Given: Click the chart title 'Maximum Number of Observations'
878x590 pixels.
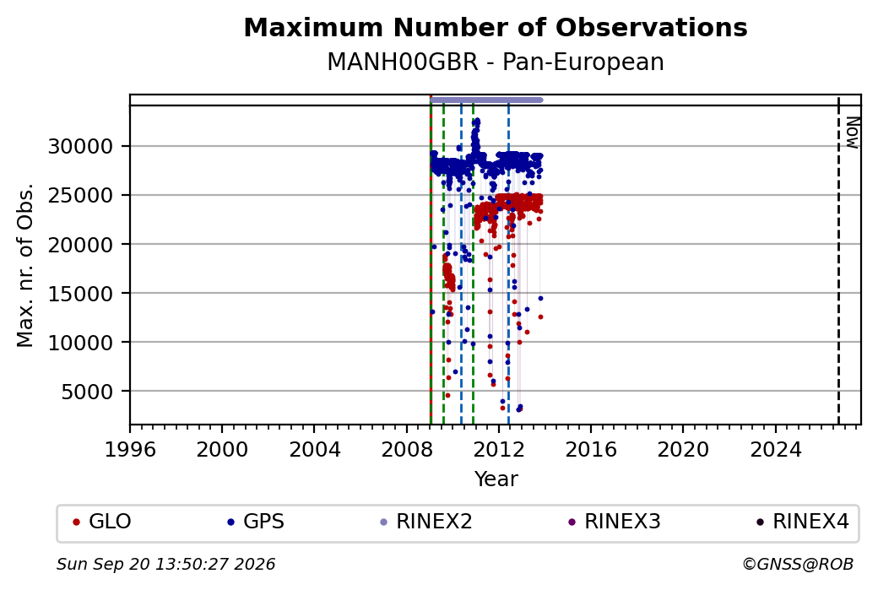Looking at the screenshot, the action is pyautogui.click(x=496, y=27).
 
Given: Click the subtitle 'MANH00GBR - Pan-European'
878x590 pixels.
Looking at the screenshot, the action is pyautogui.click(x=496, y=62).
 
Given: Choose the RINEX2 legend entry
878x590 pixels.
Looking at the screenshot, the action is pyautogui.click(x=426, y=522).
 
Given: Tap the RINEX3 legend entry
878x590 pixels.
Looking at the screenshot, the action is pyautogui.click(x=615, y=522).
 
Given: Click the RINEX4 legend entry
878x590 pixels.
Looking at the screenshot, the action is pyautogui.click(x=803, y=522).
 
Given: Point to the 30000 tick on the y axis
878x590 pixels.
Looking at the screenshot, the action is pyautogui.click(x=81, y=147).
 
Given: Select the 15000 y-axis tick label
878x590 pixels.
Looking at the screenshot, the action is pyautogui.click(x=81, y=294).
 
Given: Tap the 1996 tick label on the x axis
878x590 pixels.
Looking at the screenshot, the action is pyautogui.click(x=130, y=449).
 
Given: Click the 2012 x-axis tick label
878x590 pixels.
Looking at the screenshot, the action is pyautogui.click(x=499, y=449).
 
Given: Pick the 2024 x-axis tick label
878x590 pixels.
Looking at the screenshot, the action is pyautogui.click(x=776, y=449).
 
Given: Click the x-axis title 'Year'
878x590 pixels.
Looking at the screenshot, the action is pyautogui.click(x=496, y=479).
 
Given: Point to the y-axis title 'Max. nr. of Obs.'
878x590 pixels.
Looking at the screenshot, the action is pyautogui.click(x=25, y=265).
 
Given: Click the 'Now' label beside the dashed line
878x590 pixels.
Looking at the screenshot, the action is pyautogui.click(x=852, y=133).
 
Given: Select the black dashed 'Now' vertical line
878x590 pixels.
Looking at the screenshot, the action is pyautogui.click(x=838, y=260).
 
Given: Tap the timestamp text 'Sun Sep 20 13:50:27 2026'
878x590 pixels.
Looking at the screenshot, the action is pyautogui.click(x=166, y=564).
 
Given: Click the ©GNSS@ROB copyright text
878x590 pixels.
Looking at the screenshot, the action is pyautogui.click(x=798, y=564).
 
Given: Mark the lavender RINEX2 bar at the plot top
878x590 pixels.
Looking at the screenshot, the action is pyautogui.click(x=486, y=100).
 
